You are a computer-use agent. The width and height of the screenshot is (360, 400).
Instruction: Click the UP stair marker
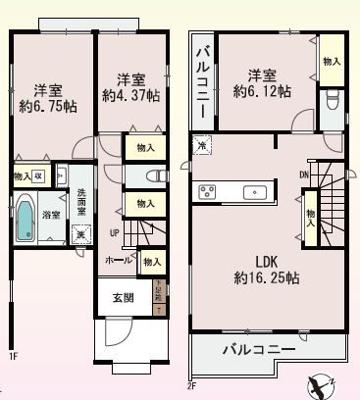coord(113,231)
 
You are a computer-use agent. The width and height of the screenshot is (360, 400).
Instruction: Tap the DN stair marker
coord(305,175)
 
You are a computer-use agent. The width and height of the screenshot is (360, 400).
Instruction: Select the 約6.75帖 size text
coord(42,106)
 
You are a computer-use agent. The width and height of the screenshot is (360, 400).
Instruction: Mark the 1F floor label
coord(13,357)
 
